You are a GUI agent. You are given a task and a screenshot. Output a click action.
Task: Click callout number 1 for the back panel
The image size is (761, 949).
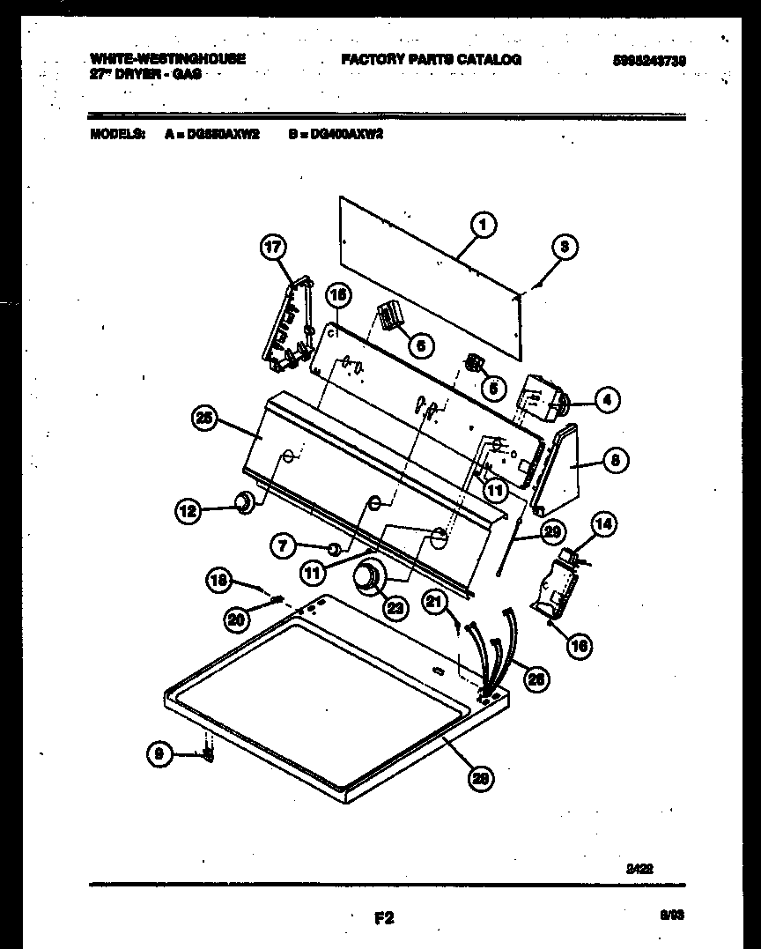coord(482,226)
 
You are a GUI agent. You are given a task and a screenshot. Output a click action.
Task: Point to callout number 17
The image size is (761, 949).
coord(274,248)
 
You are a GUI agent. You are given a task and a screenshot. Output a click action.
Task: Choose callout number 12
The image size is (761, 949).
coord(188,508)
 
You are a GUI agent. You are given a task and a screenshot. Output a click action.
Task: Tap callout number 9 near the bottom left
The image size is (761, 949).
coord(159,753)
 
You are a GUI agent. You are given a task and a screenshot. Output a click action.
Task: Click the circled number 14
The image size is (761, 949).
coord(603,525)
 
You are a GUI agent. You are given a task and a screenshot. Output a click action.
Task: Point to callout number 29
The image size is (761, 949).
coord(552,530)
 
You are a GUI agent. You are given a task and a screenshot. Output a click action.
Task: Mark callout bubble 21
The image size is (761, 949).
coord(433,601)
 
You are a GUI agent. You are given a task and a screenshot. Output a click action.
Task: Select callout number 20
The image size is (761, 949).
coord(236,619)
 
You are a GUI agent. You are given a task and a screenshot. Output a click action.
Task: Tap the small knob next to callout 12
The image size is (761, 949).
coord(243,503)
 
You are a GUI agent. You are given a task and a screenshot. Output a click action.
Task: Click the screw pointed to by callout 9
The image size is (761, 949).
coord(209,754)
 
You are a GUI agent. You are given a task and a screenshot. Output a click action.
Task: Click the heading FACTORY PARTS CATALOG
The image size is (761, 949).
coord(431,60)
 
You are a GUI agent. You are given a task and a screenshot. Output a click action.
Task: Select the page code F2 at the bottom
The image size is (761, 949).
coord(383,918)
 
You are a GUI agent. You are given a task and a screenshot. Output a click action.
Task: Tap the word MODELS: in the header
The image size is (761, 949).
coord(117,135)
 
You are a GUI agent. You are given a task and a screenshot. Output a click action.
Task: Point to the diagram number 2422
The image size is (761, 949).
coord(639,867)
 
